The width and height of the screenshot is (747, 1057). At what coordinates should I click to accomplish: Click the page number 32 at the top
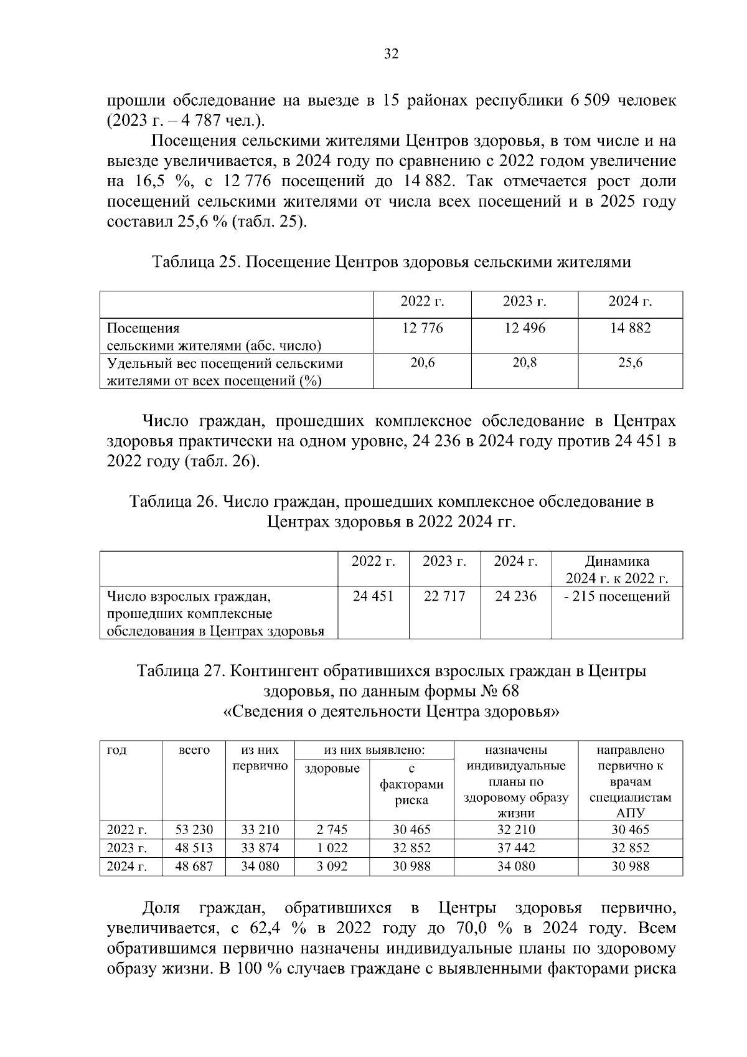pos(391,54)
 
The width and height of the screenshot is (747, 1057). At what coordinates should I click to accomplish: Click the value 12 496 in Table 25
pos(524,328)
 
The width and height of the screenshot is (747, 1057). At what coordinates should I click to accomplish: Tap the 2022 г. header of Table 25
pos(422,302)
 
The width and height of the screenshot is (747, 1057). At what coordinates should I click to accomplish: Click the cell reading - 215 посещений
pos(616,596)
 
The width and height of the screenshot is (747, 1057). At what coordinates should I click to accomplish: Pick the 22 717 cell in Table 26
pos(444,596)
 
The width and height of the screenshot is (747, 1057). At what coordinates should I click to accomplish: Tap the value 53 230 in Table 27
pos(194,830)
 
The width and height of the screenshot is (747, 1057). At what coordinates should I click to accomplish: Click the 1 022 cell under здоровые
pos(332,848)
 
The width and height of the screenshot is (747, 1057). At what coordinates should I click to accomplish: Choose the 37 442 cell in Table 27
pos(516,848)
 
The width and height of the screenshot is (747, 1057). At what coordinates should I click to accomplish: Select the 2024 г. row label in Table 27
pos(127,866)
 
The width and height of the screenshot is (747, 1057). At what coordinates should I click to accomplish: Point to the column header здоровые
pos(332,769)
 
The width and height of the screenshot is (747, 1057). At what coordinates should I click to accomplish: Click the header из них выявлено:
pos(374,750)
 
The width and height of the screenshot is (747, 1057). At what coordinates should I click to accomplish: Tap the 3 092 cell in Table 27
pos(332,866)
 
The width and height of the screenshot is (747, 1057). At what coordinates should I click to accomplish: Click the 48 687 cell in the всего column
pos(194,866)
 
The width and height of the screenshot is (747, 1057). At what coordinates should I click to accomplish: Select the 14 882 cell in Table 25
pos(630,328)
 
